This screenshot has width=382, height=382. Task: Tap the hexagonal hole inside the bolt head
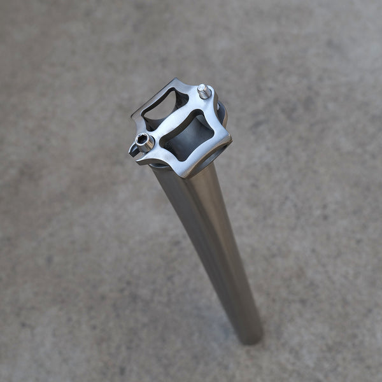[141, 139]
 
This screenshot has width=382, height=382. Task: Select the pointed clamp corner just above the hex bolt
[134, 116]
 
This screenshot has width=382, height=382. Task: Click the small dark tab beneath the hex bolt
[134, 150]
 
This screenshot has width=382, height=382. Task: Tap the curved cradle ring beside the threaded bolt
[221, 113]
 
